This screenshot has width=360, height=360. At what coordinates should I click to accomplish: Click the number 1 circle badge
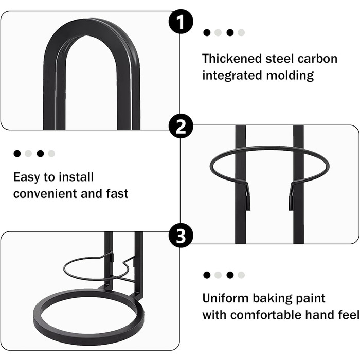tap(181, 22)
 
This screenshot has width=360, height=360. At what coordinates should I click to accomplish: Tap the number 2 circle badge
tap(181, 126)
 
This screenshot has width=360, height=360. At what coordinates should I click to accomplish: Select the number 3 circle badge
tap(181, 236)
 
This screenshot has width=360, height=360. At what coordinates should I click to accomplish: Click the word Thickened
tap(232, 59)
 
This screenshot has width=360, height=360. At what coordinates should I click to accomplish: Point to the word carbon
tap(317, 59)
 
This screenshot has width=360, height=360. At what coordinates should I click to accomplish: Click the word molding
tap(290, 75)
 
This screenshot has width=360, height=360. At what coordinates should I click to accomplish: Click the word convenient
tap(45, 193)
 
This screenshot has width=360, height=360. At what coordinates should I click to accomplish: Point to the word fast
tap(117, 193)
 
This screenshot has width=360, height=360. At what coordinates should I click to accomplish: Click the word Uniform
tap(225, 298)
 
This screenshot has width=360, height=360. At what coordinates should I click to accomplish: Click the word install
tap(76, 177)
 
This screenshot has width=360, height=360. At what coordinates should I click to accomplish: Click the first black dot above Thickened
tap(207, 32)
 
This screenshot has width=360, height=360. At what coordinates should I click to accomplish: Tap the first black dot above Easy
tap(17, 154)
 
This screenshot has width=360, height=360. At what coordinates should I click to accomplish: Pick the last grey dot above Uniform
tap(241, 275)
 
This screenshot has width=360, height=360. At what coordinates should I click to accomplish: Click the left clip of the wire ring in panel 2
tap(248, 198)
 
